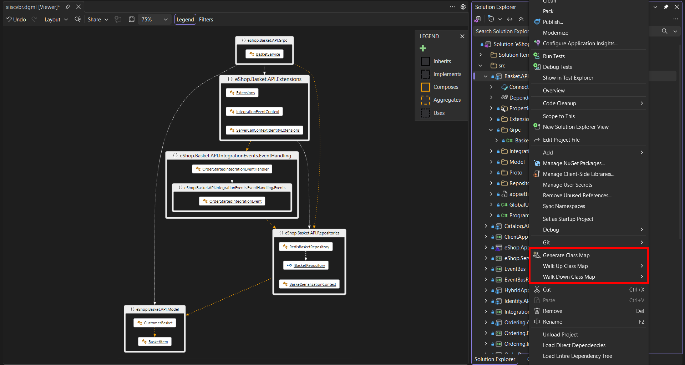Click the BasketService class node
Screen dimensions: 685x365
264,54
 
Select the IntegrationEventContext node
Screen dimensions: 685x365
254,112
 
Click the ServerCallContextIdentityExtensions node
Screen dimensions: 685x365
264,130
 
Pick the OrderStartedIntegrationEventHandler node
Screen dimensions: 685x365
232,169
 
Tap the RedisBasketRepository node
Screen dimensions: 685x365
306,247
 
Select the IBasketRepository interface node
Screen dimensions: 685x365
306,265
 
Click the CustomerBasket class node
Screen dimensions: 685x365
155,323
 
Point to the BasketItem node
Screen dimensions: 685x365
155,342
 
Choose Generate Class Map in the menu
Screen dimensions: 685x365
566,255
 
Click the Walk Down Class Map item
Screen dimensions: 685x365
569,277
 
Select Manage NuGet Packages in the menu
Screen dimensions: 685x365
574,163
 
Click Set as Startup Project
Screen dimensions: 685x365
568,219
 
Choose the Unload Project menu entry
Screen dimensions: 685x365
560,335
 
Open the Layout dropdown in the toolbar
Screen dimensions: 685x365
56,20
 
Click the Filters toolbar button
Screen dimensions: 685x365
206,20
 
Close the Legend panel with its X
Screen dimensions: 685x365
462,36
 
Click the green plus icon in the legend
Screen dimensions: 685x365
423,49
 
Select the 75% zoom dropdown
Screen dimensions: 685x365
154,20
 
